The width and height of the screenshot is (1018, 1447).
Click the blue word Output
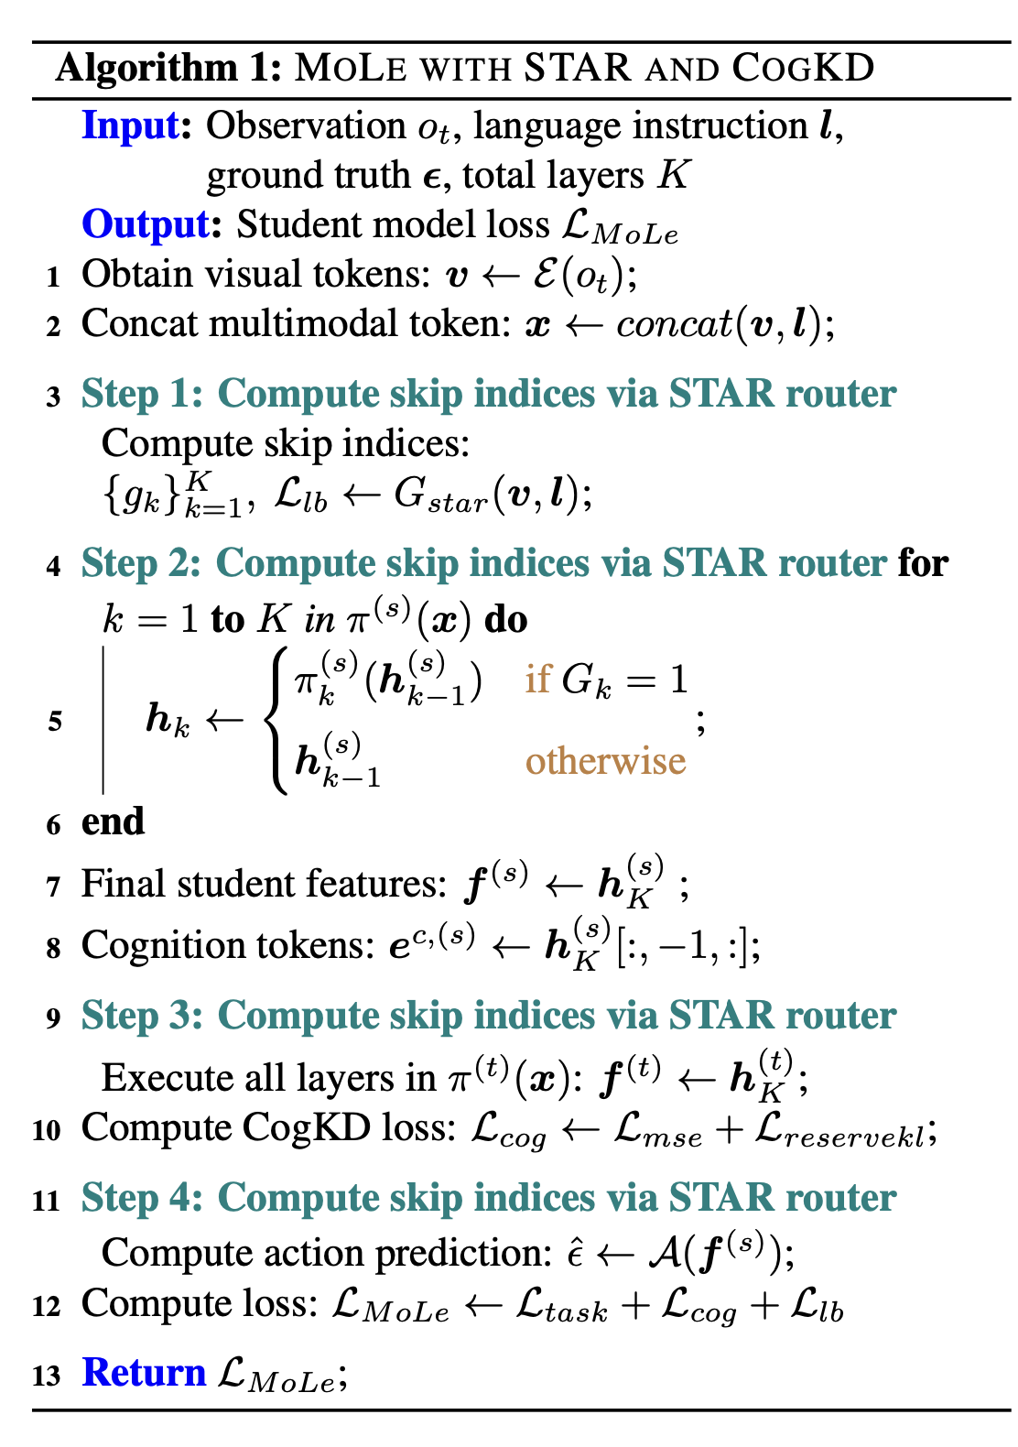(x=146, y=224)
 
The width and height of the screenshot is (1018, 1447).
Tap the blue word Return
(x=144, y=1373)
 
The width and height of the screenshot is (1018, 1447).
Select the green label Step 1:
(x=142, y=394)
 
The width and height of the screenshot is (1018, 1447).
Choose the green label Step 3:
(x=142, y=1016)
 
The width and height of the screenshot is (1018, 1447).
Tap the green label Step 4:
(x=142, y=1198)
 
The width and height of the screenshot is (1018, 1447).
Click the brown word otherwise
(x=605, y=760)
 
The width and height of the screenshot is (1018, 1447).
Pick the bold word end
(x=113, y=821)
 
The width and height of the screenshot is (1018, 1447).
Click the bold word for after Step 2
(x=922, y=562)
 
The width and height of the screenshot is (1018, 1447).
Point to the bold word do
(x=505, y=620)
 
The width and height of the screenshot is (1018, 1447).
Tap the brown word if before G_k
(x=537, y=680)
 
